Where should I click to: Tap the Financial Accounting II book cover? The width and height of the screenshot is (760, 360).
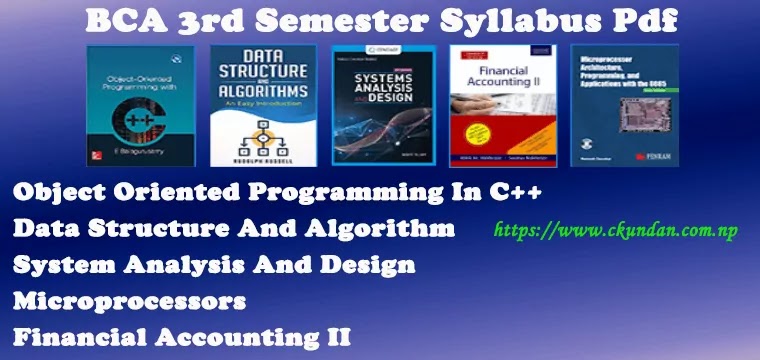[501, 107]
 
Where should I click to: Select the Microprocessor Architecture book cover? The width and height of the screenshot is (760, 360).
[625, 107]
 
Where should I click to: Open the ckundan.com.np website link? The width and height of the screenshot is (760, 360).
[617, 231]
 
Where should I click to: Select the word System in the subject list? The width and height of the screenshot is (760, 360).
[55, 265]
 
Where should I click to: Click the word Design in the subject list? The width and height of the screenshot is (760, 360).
[365, 265]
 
